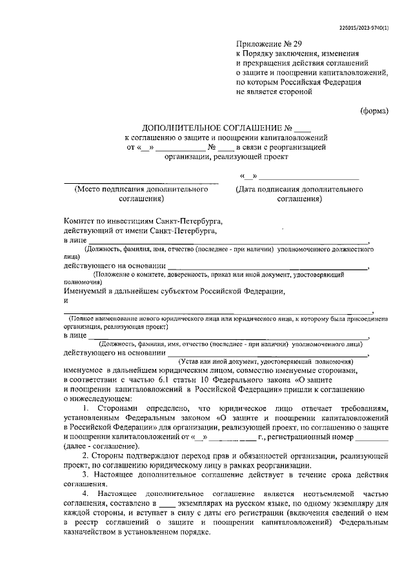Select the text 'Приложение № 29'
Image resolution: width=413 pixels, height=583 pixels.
pyautogui.click(x=265, y=44)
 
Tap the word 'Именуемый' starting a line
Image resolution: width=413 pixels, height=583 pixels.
pyautogui.click(x=86, y=291)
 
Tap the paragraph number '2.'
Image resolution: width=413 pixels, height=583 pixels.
pyautogui.click(x=86, y=457)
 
